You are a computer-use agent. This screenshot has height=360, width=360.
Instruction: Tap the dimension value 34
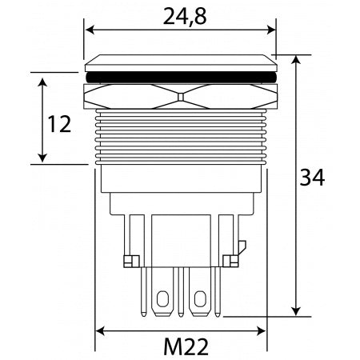point(314,178)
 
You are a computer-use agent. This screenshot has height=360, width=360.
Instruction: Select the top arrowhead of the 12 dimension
point(42,82)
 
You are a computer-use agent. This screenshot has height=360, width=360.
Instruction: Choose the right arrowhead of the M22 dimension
point(261,330)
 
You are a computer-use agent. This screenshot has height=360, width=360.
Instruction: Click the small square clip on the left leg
point(128,260)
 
